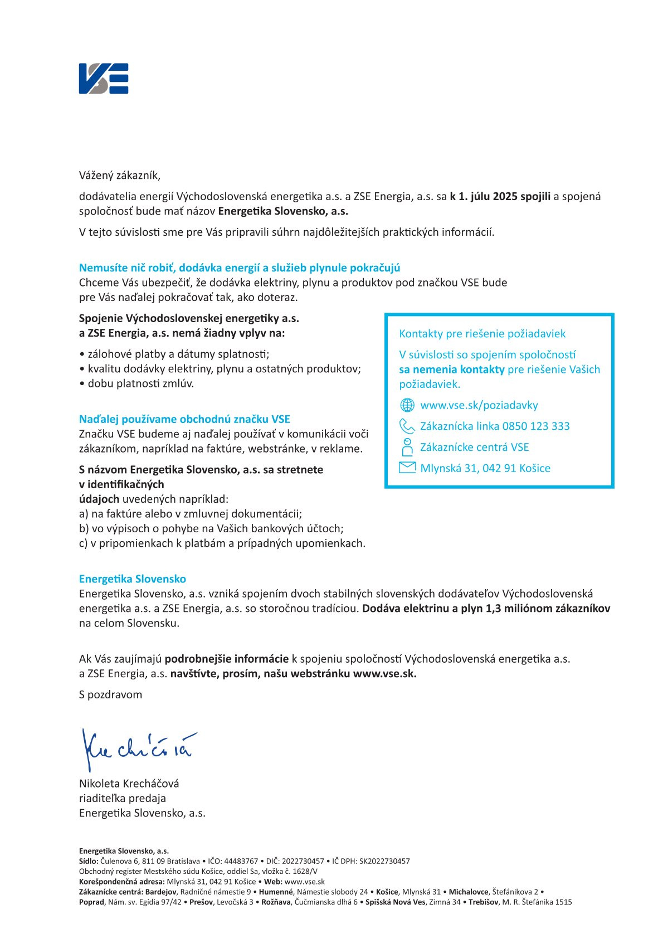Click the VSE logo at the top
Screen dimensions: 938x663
[104, 78]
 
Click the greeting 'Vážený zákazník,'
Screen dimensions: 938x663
[119, 176]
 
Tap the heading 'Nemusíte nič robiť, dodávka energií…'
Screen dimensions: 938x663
[240, 268]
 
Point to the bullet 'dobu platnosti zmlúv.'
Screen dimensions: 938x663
[140, 383]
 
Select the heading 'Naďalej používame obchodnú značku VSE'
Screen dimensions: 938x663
[184, 419]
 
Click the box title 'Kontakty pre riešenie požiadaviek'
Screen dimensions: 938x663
[482, 333]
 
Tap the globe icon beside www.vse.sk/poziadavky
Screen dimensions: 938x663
[407, 405]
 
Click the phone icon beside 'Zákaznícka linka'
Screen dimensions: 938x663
[407, 426]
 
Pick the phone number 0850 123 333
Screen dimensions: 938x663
[536, 426]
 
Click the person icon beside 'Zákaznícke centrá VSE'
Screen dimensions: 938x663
[407, 447]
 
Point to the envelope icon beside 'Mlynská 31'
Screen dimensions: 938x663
[407, 468]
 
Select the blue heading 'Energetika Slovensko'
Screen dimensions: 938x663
[133, 579]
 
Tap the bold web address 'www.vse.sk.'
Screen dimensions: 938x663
[384, 673]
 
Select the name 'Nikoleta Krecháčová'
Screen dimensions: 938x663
[129, 783]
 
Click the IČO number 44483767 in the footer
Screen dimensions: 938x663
[241, 861]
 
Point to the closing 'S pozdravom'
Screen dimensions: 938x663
[110, 694]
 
